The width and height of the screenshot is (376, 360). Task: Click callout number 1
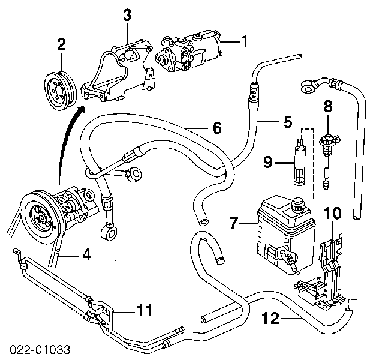click(245, 41)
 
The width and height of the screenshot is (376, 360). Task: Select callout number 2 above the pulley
click(61, 43)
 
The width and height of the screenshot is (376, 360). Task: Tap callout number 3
click(127, 15)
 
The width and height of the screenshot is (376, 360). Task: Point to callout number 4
click(86, 255)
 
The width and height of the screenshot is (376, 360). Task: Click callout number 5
click(288, 122)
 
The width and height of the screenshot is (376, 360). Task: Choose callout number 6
click(216, 128)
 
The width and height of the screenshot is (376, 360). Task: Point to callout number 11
click(144, 311)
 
